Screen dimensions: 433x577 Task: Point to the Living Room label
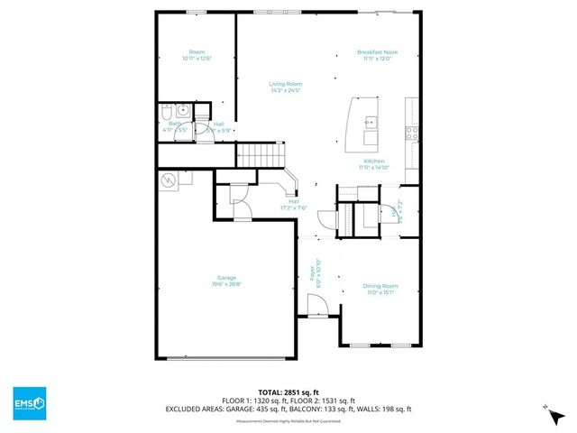pos(286,87)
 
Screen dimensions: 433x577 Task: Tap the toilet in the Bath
pos(167,112)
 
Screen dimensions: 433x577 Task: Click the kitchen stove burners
pos(412,133)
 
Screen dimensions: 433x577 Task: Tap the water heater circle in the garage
pos(169,180)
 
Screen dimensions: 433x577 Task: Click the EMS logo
pos(29,401)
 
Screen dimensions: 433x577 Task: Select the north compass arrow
pos(547,411)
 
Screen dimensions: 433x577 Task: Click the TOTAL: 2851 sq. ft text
pos(288,392)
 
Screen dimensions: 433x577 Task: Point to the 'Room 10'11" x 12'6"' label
pos(197,55)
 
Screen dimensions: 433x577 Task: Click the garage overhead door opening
pos(228,358)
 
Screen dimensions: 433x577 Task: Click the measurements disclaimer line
pos(288,419)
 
